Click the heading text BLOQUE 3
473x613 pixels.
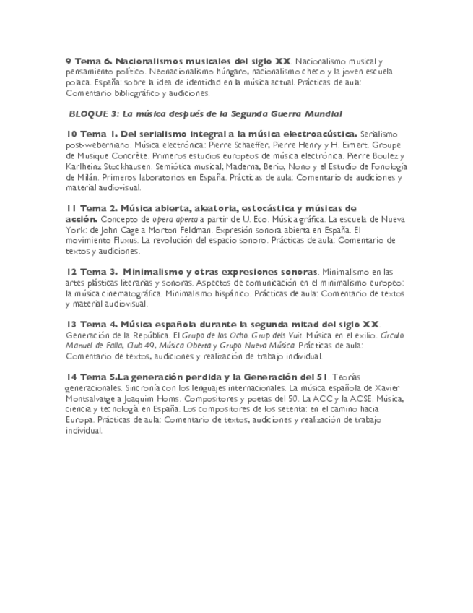coord(93,113)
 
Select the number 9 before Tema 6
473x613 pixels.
coord(68,62)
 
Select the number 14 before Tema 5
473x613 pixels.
coord(71,377)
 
